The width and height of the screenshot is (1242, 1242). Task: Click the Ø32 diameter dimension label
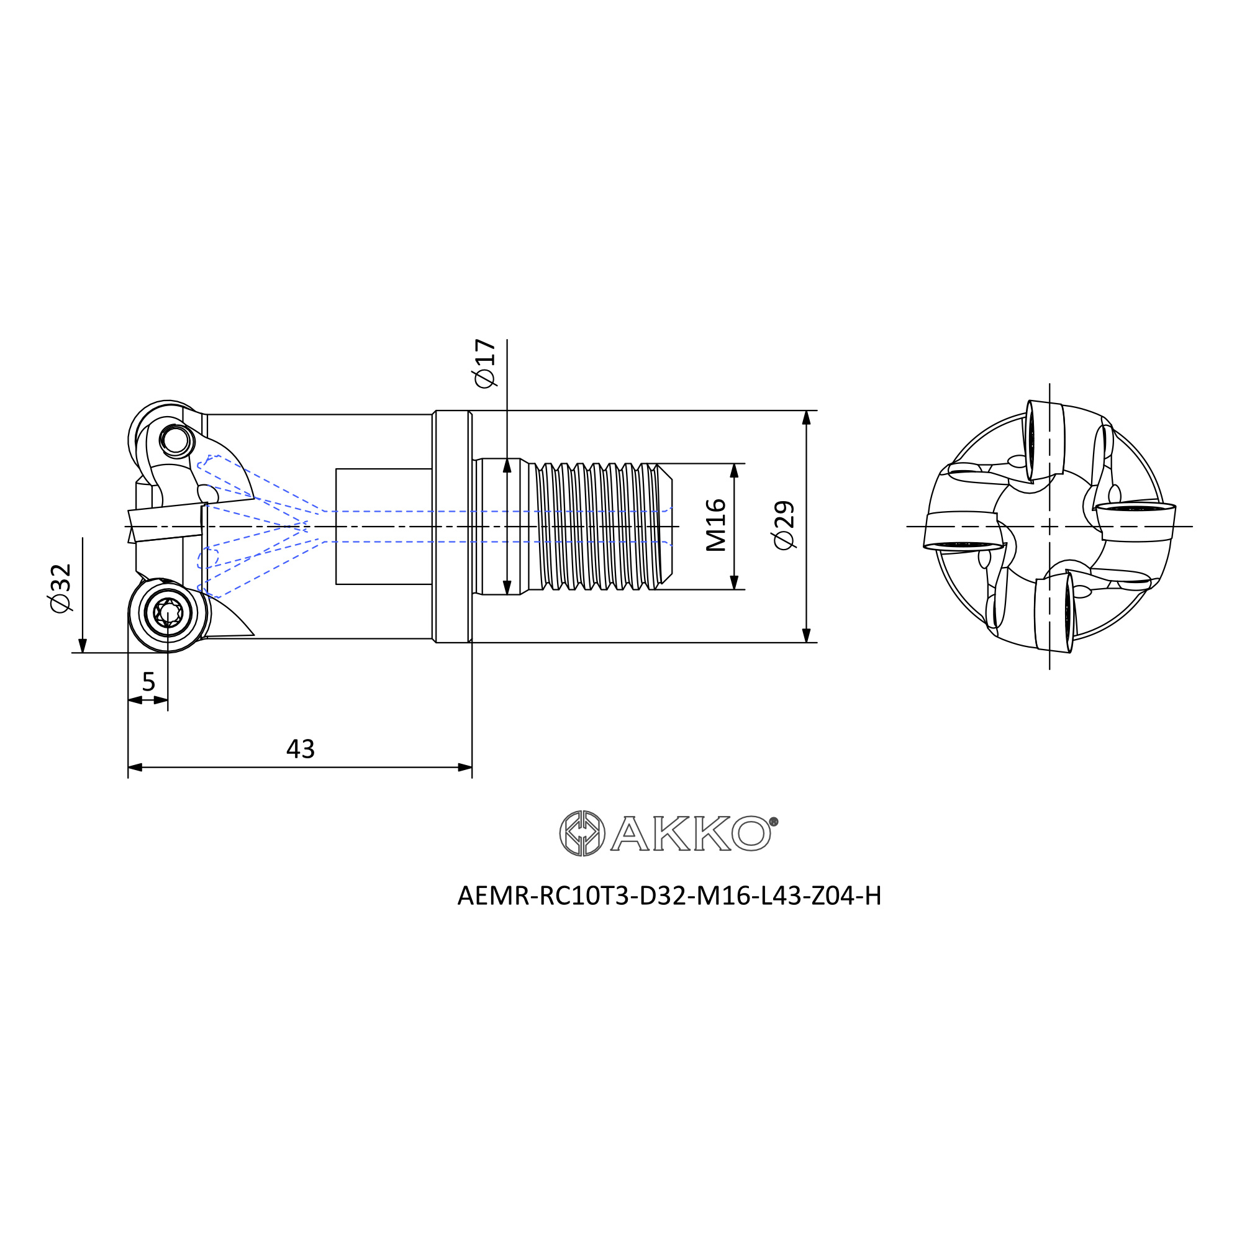(61, 588)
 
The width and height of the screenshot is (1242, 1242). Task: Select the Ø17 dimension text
(486, 363)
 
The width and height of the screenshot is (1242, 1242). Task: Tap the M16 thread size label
(715, 525)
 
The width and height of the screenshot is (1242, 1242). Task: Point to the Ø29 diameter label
(785, 525)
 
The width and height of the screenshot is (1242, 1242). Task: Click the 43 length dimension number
(300, 749)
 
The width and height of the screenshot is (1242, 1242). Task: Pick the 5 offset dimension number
(148, 681)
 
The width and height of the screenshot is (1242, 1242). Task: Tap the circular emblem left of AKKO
(582, 833)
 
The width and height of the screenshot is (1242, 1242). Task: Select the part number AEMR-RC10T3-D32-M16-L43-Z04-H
(669, 895)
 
